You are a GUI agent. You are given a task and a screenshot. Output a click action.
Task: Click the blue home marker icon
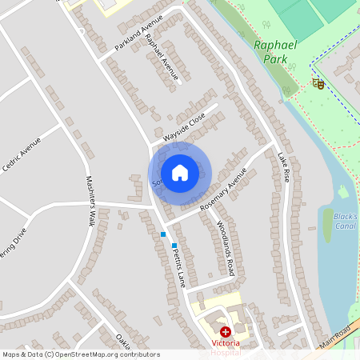click(180, 173)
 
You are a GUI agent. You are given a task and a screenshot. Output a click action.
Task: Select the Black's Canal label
click(344, 221)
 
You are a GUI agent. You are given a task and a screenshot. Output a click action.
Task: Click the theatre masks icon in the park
click(318, 83)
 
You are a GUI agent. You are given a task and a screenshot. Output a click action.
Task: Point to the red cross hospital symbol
click(226, 331)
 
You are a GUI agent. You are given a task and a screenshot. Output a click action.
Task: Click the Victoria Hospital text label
click(227, 347)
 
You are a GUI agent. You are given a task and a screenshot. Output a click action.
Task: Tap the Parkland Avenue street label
click(138, 33)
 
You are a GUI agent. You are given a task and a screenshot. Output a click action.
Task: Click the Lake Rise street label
click(283, 168)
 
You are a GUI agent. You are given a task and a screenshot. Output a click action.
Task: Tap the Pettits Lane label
click(178, 267)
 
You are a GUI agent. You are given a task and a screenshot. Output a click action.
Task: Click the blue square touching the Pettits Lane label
click(174, 246)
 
